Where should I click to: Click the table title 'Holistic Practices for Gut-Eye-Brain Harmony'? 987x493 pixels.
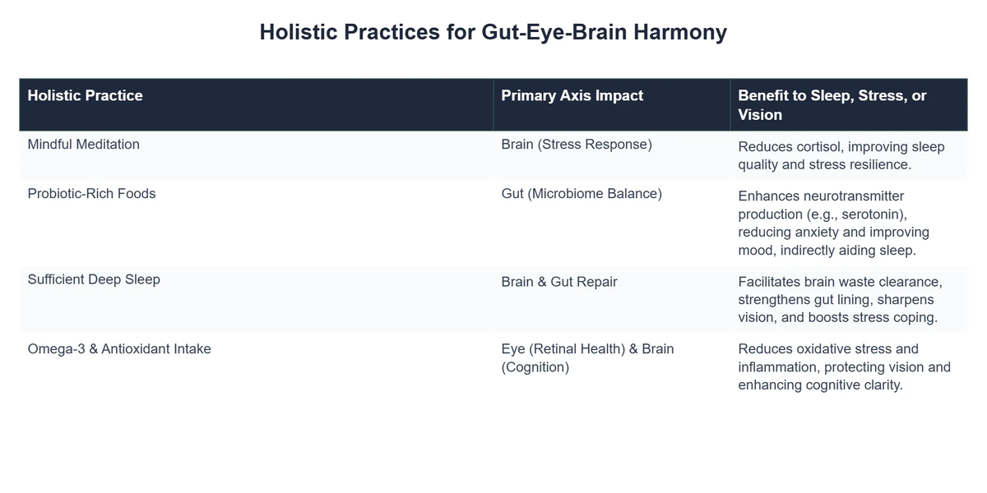pyautogui.click(x=493, y=32)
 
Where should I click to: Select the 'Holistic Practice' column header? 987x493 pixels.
pyautogui.click(x=85, y=95)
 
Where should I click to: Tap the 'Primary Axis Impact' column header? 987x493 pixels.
pyautogui.click(x=572, y=95)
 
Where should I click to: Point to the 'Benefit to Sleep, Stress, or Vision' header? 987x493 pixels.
pyautogui.click(x=832, y=105)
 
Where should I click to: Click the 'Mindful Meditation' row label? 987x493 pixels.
pyautogui.click(x=83, y=145)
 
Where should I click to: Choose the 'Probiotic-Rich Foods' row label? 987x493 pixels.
pyautogui.click(x=91, y=194)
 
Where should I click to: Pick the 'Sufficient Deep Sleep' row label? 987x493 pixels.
pyautogui.click(x=94, y=279)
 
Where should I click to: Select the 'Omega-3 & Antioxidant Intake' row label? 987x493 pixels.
pyautogui.click(x=119, y=349)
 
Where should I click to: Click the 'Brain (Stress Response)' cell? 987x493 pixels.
pyautogui.click(x=576, y=145)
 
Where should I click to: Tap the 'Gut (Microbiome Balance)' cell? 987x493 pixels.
pyautogui.click(x=581, y=194)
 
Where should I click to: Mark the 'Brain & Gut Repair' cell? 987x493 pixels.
pyautogui.click(x=558, y=282)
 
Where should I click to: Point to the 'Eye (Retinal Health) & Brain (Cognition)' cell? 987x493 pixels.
pyautogui.click(x=586, y=358)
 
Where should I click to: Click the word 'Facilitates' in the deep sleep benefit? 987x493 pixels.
pyautogui.click(x=772, y=282)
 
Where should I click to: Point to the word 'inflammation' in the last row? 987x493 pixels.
pyautogui.click(x=779, y=367)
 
